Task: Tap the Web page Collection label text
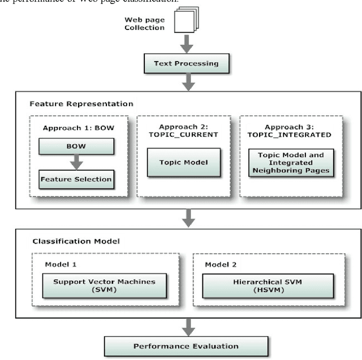145,23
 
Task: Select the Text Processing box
186,63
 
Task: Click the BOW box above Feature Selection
76,147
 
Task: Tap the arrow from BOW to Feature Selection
76,163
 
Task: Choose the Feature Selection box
76,180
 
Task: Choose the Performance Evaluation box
186,346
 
